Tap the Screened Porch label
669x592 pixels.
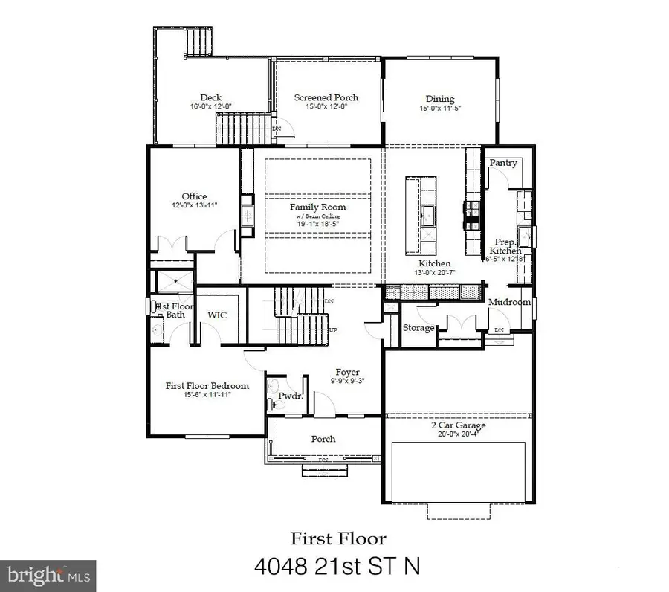(x=326, y=97)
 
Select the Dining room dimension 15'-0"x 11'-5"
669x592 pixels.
(x=439, y=109)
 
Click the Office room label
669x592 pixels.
(x=194, y=196)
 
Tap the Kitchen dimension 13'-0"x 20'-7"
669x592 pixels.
(x=435, y=274)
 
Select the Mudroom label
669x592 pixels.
(x=509, y=303)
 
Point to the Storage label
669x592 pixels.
(x=418, y=328)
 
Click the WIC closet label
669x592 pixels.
(x=217, y=315)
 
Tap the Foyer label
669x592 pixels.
(x=347, y=372)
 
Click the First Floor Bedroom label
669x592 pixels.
(x=207, y=386)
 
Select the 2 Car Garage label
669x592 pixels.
(x=458, y=425)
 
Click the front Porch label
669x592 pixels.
(x=323, y=439)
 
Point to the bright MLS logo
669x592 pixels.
(x=48, y=575)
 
